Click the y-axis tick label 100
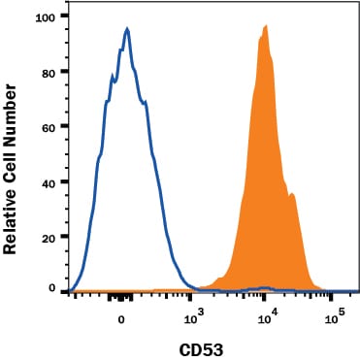[44, 17]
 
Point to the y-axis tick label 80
[47, 72]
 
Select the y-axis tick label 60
[47, 126]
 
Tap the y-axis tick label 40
[47, 180]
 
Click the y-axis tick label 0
[50, 288]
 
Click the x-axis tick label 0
[121, 318]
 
